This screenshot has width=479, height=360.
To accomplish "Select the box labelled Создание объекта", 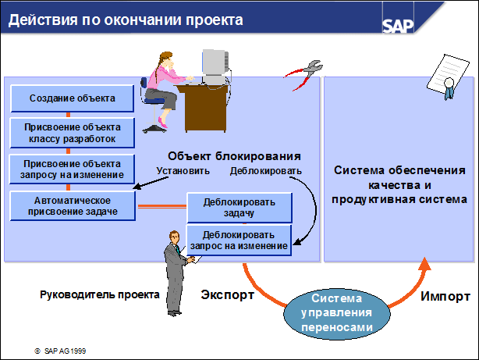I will [73, 98].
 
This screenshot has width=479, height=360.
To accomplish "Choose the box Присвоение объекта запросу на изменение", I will [73, 169].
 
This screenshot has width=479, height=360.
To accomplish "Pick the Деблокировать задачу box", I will [239, 208].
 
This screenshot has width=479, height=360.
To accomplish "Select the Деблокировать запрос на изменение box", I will [239, 240].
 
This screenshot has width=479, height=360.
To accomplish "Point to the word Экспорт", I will [227, 296].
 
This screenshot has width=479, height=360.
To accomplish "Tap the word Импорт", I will [445, 297].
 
